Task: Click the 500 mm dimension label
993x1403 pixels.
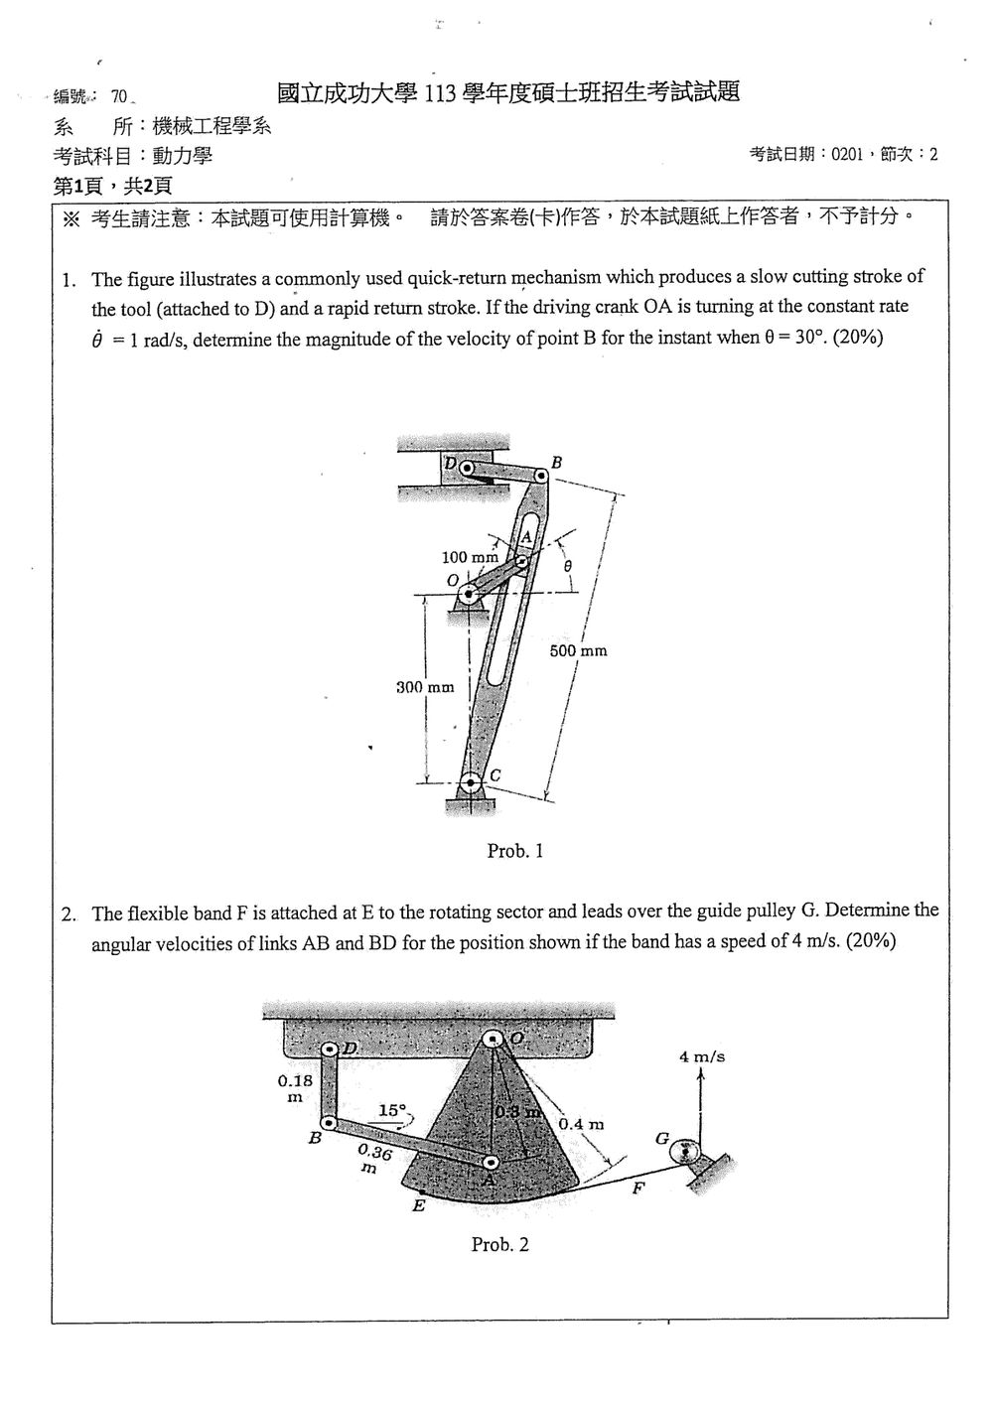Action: point(578,650)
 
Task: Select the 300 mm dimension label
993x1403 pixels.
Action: point(425,687)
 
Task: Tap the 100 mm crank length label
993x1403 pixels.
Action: point(470,557)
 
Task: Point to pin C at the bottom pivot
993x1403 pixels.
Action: point(470,782)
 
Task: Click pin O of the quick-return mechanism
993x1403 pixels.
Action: point(469,593)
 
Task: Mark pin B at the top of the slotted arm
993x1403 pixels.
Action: point(540,477)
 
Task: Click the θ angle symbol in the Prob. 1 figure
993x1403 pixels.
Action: point(568,566)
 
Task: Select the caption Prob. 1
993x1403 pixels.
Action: point(515,851)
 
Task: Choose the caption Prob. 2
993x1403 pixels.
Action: point(499,1244)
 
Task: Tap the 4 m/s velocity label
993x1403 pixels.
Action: point(702,1056)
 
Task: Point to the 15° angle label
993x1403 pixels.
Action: point(393,1110)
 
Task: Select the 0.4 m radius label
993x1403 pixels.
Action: point(581,1124)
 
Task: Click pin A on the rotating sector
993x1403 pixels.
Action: point(491,1162)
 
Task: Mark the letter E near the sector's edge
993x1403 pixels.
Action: point(418,1204)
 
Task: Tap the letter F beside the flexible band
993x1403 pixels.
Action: point(638,1188)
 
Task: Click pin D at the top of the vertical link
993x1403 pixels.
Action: point(330,1049)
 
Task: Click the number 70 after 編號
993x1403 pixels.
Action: point(119,96)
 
